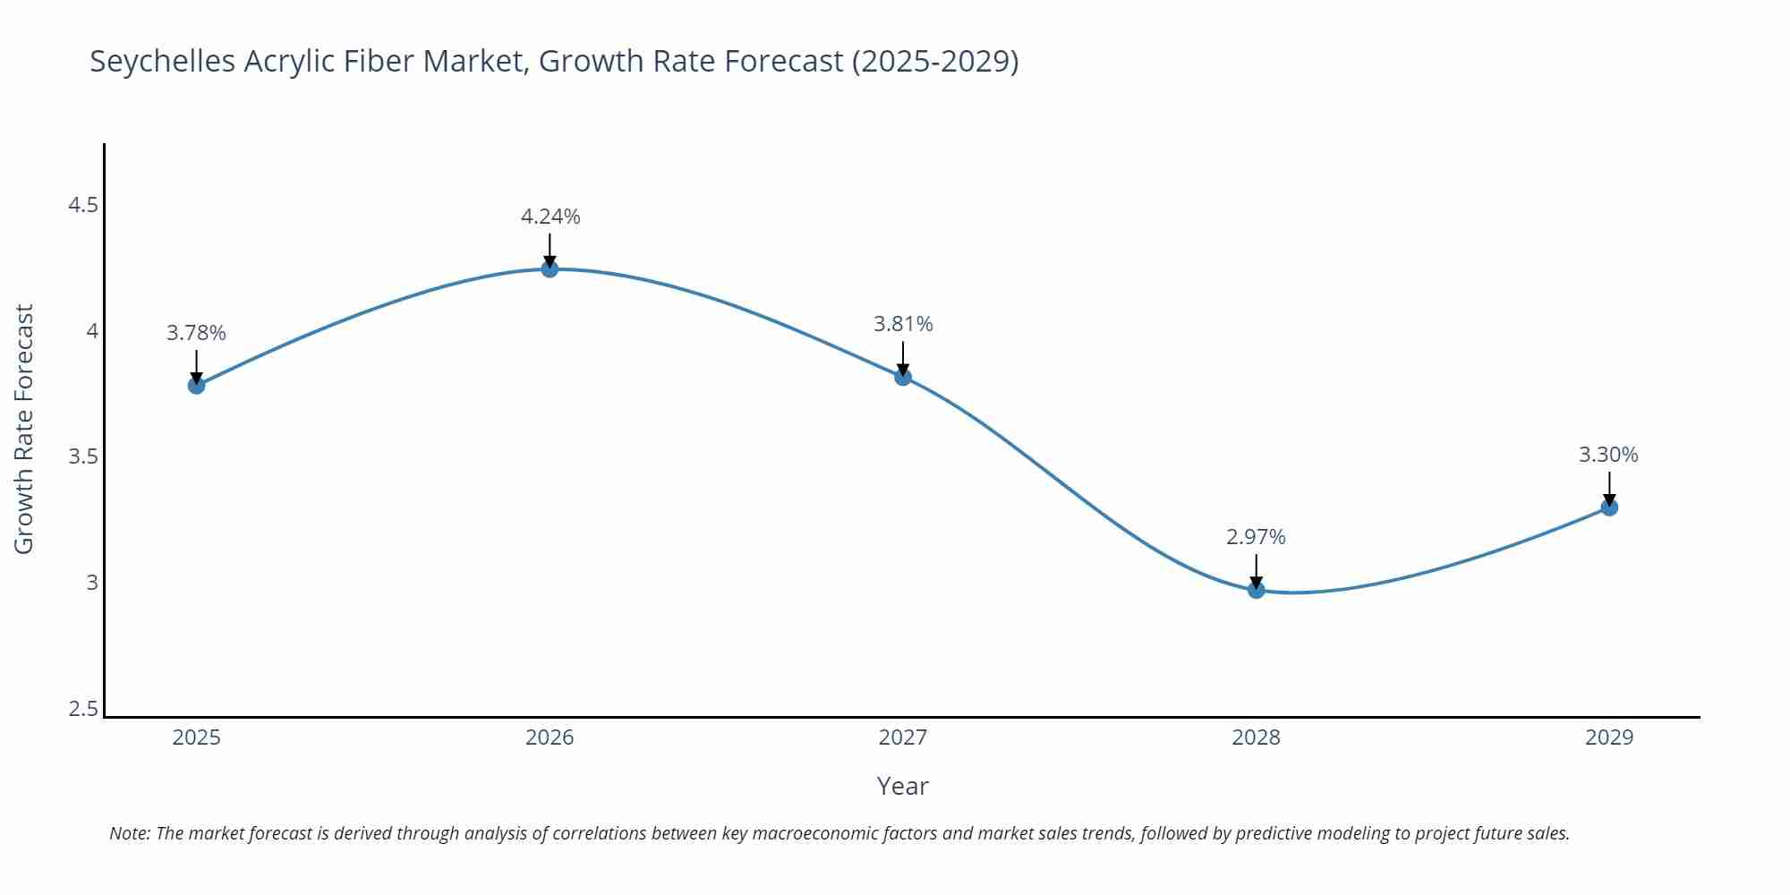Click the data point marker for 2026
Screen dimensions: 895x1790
click(550, 268)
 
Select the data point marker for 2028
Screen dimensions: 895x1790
click(1256, 589)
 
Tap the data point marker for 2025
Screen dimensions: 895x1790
click(196, 385)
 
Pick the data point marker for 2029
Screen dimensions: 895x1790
click(1608, 507)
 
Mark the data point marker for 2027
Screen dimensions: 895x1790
click(902, 377)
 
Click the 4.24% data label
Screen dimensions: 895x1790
click(550, 217)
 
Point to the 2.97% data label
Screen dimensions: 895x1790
click(1256, 537)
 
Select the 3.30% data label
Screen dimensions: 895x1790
click(1608, 455)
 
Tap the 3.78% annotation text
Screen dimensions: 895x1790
click(196, 333)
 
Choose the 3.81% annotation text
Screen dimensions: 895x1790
click(903, 324)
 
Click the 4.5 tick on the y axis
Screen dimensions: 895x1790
click(83, 205)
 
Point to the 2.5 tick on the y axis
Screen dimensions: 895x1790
click(83, 709)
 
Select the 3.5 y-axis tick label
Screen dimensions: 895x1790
click(83, 457)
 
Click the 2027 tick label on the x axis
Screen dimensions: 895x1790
click(902, 737)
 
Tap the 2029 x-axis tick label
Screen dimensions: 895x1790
click(1608, 737)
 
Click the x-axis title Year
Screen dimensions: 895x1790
click(902, 786)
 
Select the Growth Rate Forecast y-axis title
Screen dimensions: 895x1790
click(24, 429)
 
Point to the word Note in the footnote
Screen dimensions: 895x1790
click(129, 833)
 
